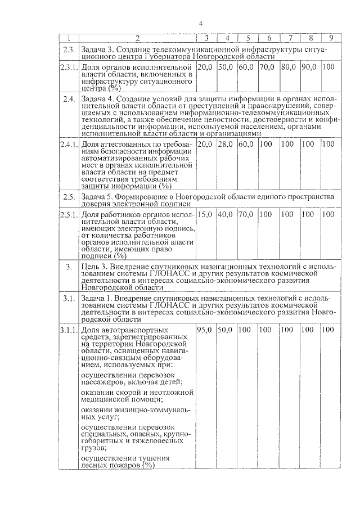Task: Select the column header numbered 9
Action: (331, 38)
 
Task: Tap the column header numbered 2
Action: (137, 38)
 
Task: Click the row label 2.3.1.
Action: (69, 67)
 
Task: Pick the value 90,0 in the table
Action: (309, 67)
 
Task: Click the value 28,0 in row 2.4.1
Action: (226, 145)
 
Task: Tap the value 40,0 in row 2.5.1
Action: (226, 214)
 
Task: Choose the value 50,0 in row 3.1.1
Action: (226, 329)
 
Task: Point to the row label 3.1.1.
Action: (69, 329)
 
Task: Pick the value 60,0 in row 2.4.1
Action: (246, 145)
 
